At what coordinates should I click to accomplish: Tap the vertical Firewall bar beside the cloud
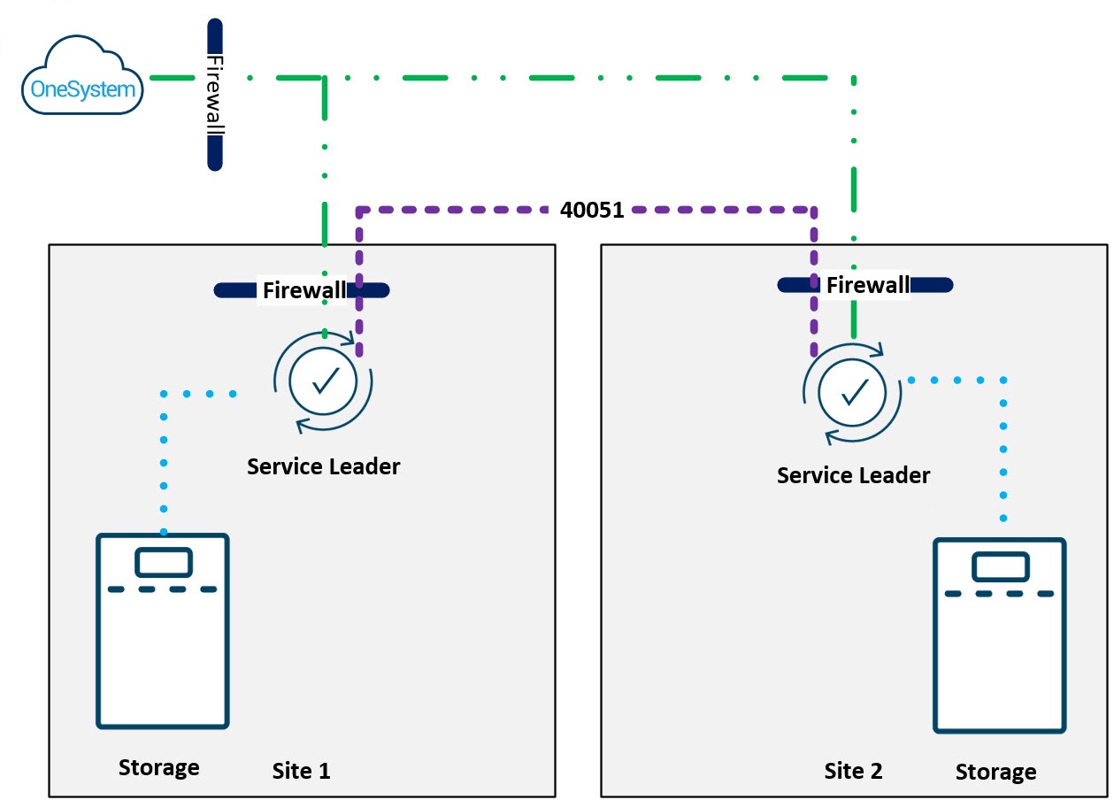(x=214, y=94)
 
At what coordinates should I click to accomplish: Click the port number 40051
(x=592, y=211)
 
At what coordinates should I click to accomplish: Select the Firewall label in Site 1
(x=304, y=290)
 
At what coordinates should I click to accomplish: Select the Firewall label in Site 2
(x=867, y=285)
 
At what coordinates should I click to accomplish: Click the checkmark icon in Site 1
(x=323, y=381)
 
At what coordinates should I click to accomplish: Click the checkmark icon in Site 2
(x=852, y=390)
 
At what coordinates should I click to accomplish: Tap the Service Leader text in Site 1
(x=323, y=466)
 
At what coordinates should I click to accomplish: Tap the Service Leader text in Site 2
(x=853, y=475)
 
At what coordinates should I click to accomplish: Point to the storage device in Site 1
(x=163, y=630)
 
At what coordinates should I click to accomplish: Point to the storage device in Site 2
(x=999, y=635)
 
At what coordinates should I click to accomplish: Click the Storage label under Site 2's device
(x=995, y=773)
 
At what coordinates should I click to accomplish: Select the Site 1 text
(x=301, y=771)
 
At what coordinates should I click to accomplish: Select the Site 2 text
(x=853, y=771)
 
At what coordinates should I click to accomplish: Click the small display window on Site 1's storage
(x=163, y=562)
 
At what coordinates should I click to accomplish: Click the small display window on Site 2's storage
(x=1000, y=566)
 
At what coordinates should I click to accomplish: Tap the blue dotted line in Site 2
(x=1003, y=451)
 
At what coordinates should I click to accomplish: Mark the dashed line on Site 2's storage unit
(x=999, y=594)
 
